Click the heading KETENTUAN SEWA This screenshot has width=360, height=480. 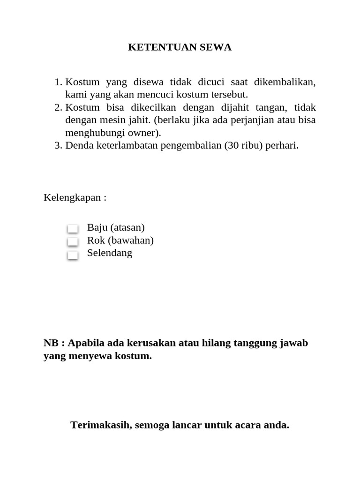[x=180, y=47]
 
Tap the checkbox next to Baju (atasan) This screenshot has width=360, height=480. [x=73, y=229]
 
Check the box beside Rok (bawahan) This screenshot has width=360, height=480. [x=73, y=241]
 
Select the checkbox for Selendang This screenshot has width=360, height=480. [x=73, y=255]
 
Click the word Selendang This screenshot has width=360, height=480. [x=110, y=253]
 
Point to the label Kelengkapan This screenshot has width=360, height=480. [x=73, y=197]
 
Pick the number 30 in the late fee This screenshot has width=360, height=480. [x=233, y=146]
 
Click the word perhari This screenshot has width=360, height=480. [x=281, y=146]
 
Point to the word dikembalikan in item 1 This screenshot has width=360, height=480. [x=285, y=82]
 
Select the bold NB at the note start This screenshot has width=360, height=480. [x=51, y=343]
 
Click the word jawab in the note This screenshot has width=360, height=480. [x=294, y=343]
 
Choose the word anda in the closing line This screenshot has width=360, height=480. [x=277, y=425]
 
